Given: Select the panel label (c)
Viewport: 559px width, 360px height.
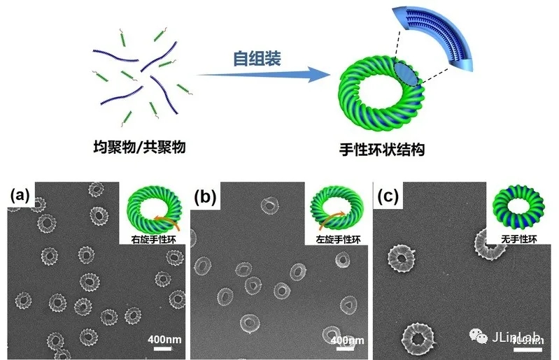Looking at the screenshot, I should [x=389, y=196].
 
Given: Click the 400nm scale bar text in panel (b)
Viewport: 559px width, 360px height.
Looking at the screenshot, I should [x=347, y=340].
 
